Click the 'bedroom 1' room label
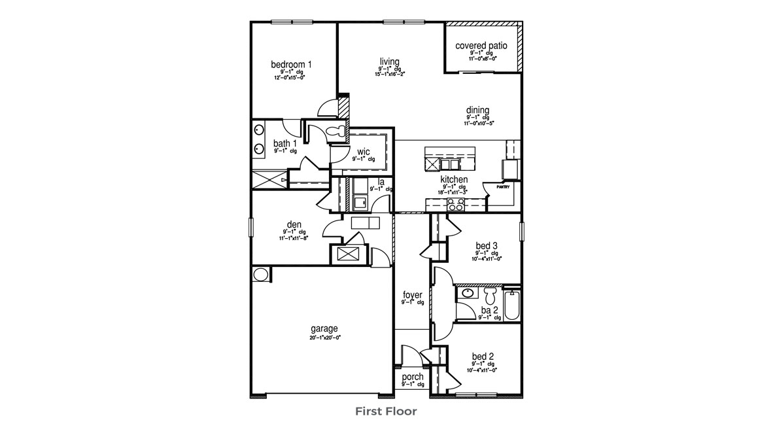291,64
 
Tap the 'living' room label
389,61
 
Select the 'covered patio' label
481,46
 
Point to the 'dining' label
477,110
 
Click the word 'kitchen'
453,179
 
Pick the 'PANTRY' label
502,186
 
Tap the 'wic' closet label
363,152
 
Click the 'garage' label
325,328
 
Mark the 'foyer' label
412,295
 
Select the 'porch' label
412,377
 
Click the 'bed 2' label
483,357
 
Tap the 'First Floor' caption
386,411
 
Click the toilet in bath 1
337,131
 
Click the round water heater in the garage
260,274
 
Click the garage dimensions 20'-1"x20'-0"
325,338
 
